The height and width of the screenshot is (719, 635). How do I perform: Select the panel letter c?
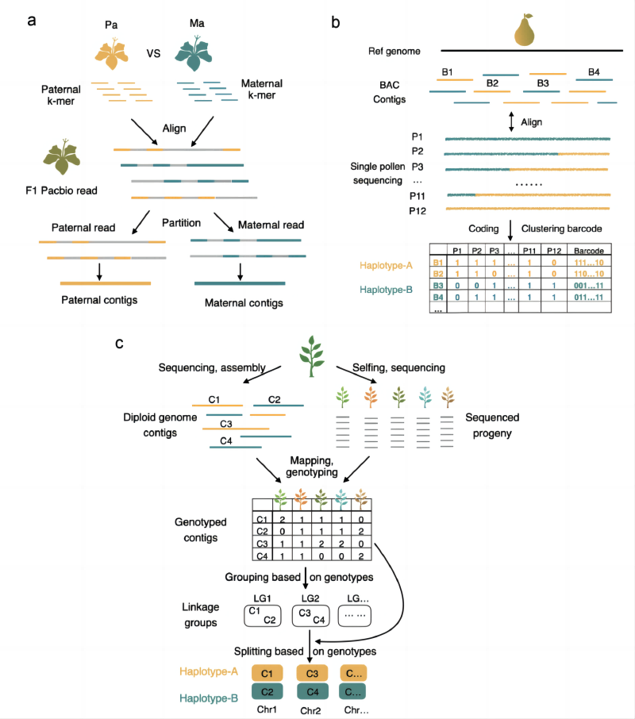119,343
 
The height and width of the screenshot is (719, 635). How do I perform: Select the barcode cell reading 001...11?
588,283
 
